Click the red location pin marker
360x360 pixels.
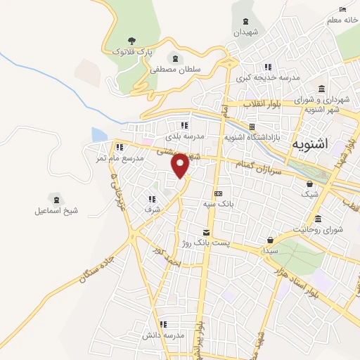click(x=181, y=165)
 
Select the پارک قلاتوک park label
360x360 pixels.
click(x=131, y=52)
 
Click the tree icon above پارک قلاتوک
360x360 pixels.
click(x=131, y=41)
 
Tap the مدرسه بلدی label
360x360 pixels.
click(x=185, y=136)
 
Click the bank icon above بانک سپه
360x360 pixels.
click(x=218, y=193)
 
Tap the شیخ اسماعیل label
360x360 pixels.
click(x=53, y=211)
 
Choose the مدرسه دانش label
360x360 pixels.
click(x=162, y=335)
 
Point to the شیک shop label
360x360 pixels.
click(x=309, y=194)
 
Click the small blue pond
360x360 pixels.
click(x=98, y=135)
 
